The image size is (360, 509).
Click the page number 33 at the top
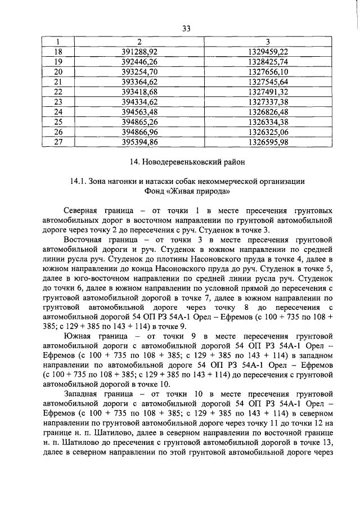pyautogui.click(x=187, y=29)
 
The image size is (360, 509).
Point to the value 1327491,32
pyautogui.click(x=268, y=92)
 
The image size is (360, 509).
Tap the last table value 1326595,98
pyautogui.click(x=268, y=142)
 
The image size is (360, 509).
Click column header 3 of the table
pyautogui.click(x=268, y=41)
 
